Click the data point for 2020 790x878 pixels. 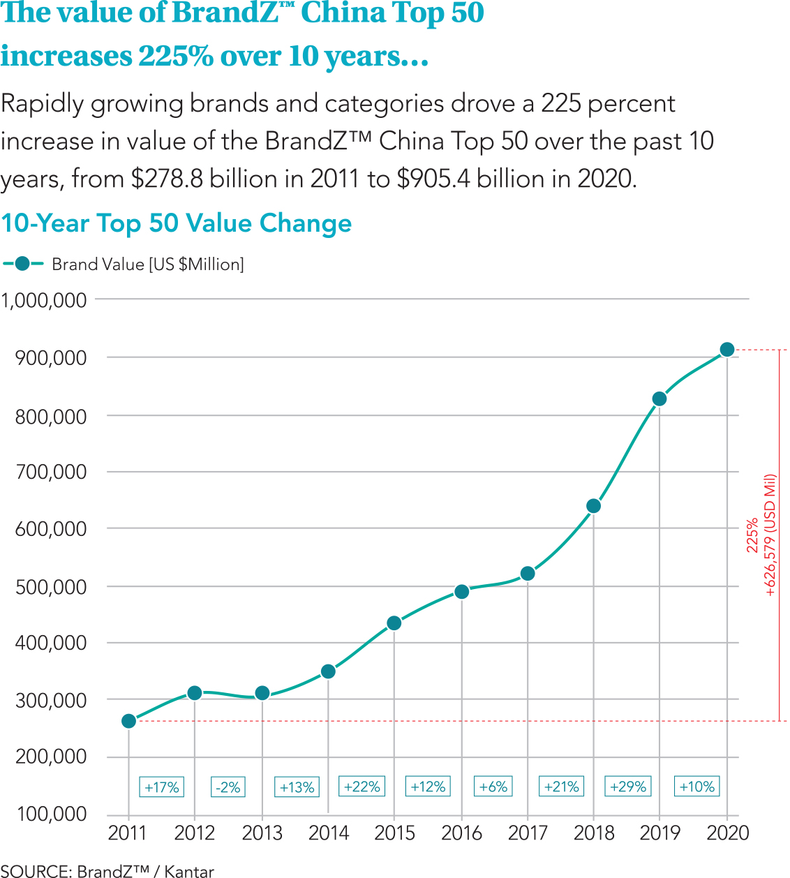click(x=727, y=350)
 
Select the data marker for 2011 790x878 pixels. click(x=128, y=721)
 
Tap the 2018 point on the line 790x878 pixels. click(x=594, y=506)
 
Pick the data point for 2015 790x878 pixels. click(x=394, y=623)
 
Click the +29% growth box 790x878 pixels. click(x=628, y=787)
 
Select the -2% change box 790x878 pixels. click(x=228, y=787)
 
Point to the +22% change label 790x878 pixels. click(x=362, y=787)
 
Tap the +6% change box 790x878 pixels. click(x=493, y=787)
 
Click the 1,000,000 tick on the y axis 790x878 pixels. click(x=44, y=301)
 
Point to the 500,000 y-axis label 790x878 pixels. click(x=51, y=587)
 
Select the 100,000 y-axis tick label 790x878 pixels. click(x=51, y=814)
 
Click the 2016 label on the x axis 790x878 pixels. click(x=461, y=833)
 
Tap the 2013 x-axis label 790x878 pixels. click(x=262, y=833)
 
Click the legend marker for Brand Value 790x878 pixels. click(x=23, y=264)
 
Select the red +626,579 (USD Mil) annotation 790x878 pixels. click(x=770, y=535)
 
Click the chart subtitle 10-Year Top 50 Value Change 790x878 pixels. click(x=177, y=223)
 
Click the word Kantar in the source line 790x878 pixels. click(x=189, y=871)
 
